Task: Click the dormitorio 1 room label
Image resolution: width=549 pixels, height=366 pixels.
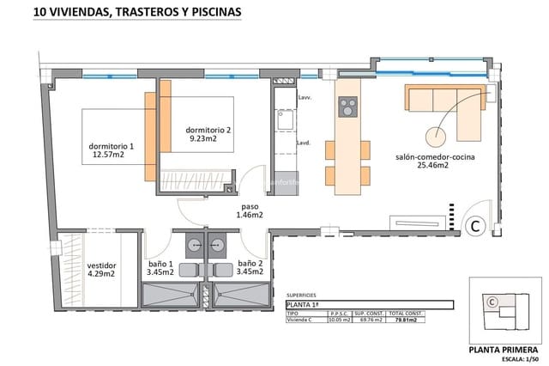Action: (x=112, y=150)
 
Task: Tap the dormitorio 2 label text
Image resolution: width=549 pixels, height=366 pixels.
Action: (x=208, y=133)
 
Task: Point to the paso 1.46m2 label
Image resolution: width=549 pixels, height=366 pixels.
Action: (x=250, y=211)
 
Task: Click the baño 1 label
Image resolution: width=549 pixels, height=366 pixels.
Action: (x=160, y=268)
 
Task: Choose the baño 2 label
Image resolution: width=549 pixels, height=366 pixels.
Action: (x=250, y=268)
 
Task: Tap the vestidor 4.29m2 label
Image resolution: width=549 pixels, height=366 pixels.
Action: (x=101, y=270)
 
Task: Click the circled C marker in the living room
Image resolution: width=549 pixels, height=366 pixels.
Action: (x=474, y=226)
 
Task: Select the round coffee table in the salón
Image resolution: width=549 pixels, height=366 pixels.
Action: (x=437, y=137)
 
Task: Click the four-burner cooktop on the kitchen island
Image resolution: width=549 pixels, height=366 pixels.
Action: (x=348, y=107)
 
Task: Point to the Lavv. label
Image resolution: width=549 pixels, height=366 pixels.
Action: (x=304, y=98)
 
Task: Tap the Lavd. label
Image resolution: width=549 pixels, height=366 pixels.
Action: (x=303, y=143)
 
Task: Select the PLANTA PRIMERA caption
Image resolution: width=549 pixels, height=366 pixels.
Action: (x=504, y=349)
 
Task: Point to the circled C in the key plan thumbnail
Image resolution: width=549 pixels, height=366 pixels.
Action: (x=492, y=302)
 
